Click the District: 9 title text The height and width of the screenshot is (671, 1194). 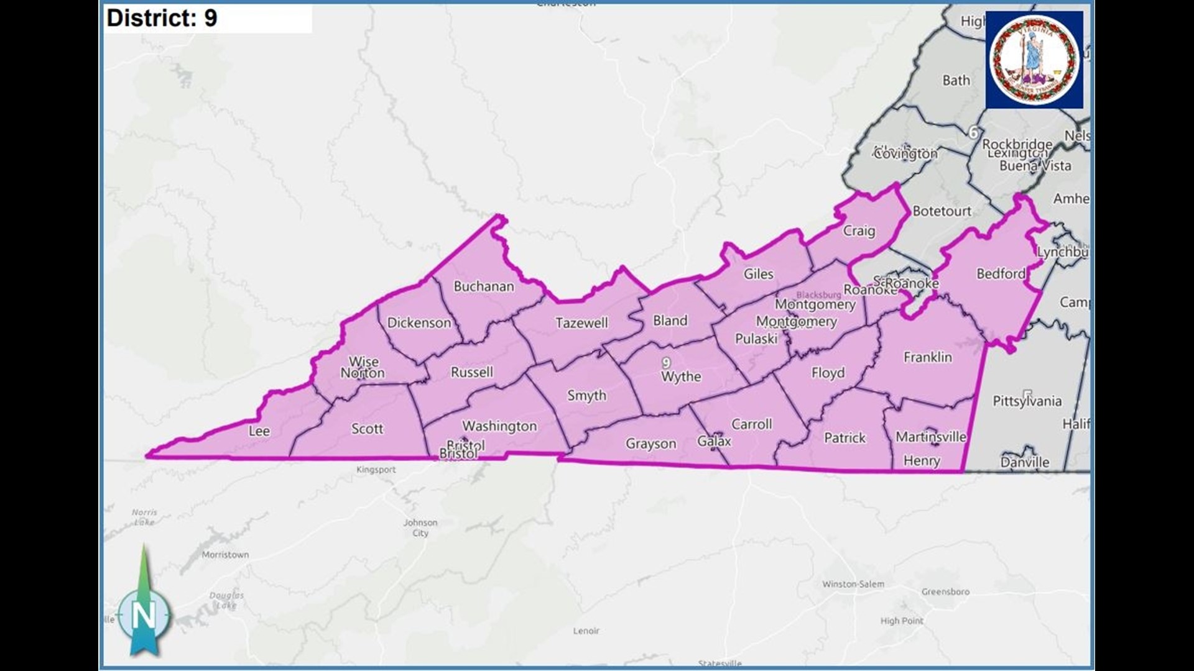pyautogui.click(x=162, y=18)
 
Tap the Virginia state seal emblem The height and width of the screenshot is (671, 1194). pyautogui.click(x=1034, y=60)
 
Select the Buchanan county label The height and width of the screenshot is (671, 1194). pyautogui.click(x=484, y=286)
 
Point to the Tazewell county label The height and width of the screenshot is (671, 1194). pyautogui.click(x=581, y=322)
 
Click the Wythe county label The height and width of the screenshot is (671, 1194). pyautogui.click(x=681, y=377)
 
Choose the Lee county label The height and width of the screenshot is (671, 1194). pyautogui.click(x=259, y=431)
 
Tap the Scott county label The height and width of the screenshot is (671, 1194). pyautogui.click(x=368, y=429)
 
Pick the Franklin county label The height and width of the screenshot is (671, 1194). pyautogui.click(x=928, y=357)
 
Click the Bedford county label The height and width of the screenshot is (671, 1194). pyautogui.click(x=1001, y=273)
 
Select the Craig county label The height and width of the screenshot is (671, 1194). pyautogui.click(x=859, y=231)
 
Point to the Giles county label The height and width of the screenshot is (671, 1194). pyautogui.click(x=759, y=274)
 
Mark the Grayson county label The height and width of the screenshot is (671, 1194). pyautogui.click(x=650, y=444)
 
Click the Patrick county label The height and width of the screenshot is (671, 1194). pyautogui.click(x=845, y=438)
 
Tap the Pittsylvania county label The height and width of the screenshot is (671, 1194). pyautogui.click(x=1027, y=401)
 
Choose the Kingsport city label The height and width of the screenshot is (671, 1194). pyautogui.click(x=376, y=470)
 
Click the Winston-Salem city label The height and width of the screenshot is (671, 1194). pyautogui.click(x=853, y=584)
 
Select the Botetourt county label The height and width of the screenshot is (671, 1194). pyautogui.click(x=942, y=211)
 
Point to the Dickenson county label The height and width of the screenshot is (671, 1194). pyautogui.click(x=419, y=322)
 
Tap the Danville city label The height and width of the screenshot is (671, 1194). pyautogui.click(x=1025, y=462)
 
